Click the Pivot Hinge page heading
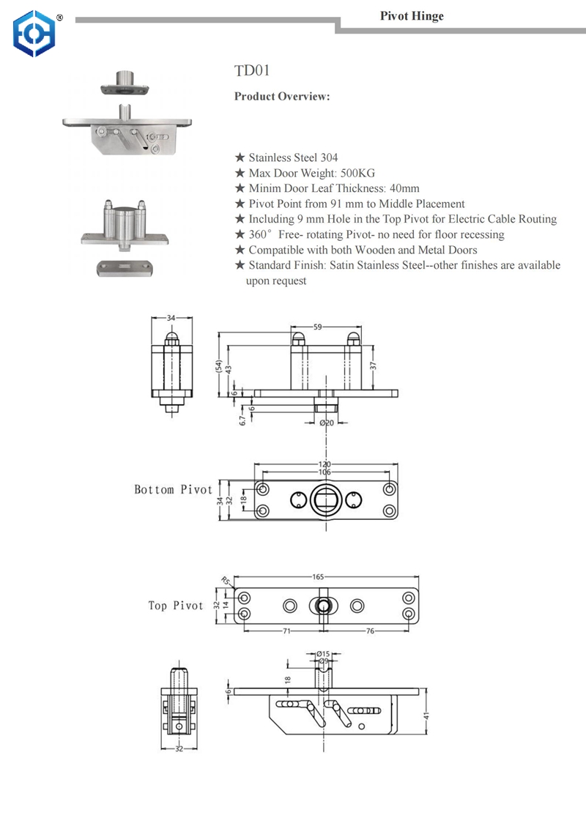pyautogui.click(x=412, y=16)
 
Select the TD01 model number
pyautogui.click(x=252, y=71)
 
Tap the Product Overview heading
pyautogui.click(x=282, y=97)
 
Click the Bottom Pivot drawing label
pyautogui.click(x=173, y=489)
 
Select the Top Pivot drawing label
pyautogui.click(x=175, y=606)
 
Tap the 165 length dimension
pyautogui.click(x=319, y=577)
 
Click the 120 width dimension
pyautogui.click(x=324, y=464)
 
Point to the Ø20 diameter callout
pyautogui.click(x=327, y=423)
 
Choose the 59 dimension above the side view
pyautogui.click(x=318, y=327)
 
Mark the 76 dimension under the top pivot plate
pyautogui.click(x=370, y=630)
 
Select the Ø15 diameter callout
pyautogui.click(x=323, y=653)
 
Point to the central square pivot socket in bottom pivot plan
pyautogui.click(x=324, y=500)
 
